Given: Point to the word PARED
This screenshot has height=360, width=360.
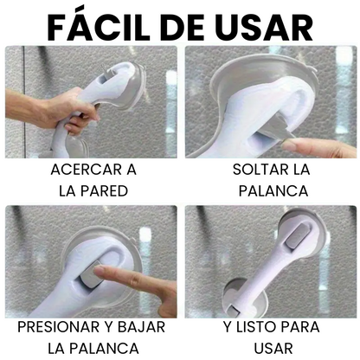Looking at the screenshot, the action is tap(104, 191).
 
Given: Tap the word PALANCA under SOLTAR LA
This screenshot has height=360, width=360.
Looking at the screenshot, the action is tap(273, 191).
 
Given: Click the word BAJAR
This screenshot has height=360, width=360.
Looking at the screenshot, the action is tap(141, 327).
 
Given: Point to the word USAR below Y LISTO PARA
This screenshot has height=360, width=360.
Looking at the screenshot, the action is tap(273, 349).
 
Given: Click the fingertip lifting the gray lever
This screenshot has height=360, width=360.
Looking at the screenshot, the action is tap(288, 145).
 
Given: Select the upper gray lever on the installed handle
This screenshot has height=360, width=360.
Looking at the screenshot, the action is tap(297, 236).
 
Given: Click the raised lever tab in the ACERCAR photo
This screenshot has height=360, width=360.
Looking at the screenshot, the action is tap(104, 73).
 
